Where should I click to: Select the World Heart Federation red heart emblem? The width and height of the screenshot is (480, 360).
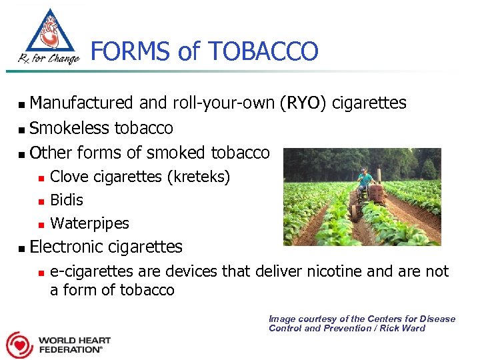pos(19,344)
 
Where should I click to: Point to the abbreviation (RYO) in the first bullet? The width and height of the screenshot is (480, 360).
pos(304,103)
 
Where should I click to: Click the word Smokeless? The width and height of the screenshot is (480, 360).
pos(70,128)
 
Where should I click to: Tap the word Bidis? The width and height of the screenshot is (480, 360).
pos(67,200)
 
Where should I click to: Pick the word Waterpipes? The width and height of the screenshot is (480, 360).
pos(89,223)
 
